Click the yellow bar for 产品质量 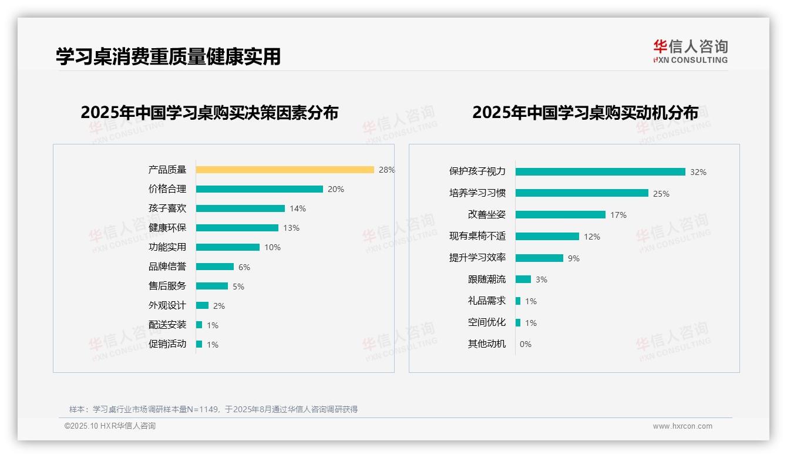pos(285,170)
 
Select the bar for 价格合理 pos(259,189)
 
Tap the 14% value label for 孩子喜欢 pos(298,208)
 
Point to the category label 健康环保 pos(167,227)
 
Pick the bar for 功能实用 pos(228,247)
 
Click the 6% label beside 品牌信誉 pos(244,267)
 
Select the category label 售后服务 pos(167,286)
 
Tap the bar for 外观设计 pos(202,305)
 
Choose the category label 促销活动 pos(167,344)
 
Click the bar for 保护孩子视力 pos(600,172)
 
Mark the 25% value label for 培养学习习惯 pos(661,194)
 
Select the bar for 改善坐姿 pos(560,215)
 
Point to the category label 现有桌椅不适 pos(477,236)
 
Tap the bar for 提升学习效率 pos(539,258)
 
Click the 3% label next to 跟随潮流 pos(542,279)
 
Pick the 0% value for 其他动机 pos(526,344)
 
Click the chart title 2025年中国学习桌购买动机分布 pos(585,112)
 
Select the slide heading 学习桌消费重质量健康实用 pos(169,56)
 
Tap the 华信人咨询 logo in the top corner pos(691,51)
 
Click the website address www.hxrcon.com pos(682,426)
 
